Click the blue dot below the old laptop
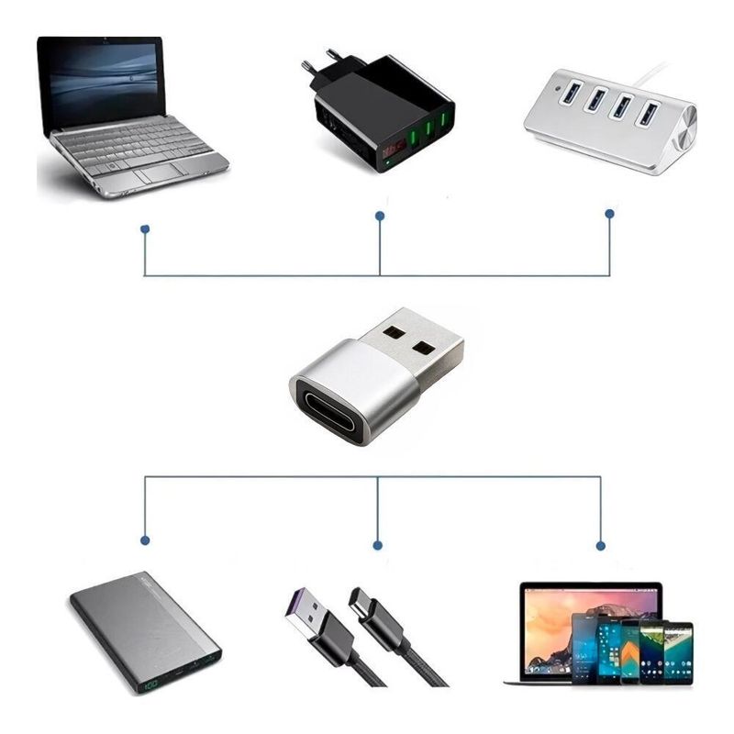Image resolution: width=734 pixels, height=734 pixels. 144,228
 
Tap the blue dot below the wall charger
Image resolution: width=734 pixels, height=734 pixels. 380,217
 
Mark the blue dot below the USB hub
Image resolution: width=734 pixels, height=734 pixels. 609,214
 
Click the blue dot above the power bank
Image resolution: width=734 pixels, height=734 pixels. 144,539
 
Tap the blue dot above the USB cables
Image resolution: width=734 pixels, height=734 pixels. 377,545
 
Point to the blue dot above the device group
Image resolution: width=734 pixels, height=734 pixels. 601,545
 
